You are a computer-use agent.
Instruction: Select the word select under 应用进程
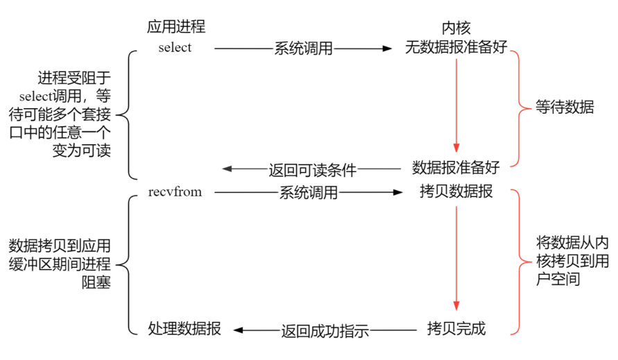(175, 48)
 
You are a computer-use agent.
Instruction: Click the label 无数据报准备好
(456, 48)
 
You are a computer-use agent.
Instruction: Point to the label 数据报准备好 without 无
(456, 168)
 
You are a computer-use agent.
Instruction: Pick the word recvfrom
(175, 191)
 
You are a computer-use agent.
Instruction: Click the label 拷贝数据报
(456, 191)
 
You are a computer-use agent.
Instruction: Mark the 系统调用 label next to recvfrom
(309, 192)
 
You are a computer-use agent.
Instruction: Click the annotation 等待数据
(565, 108)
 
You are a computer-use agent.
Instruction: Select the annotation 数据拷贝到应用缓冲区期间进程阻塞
(60, 264)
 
